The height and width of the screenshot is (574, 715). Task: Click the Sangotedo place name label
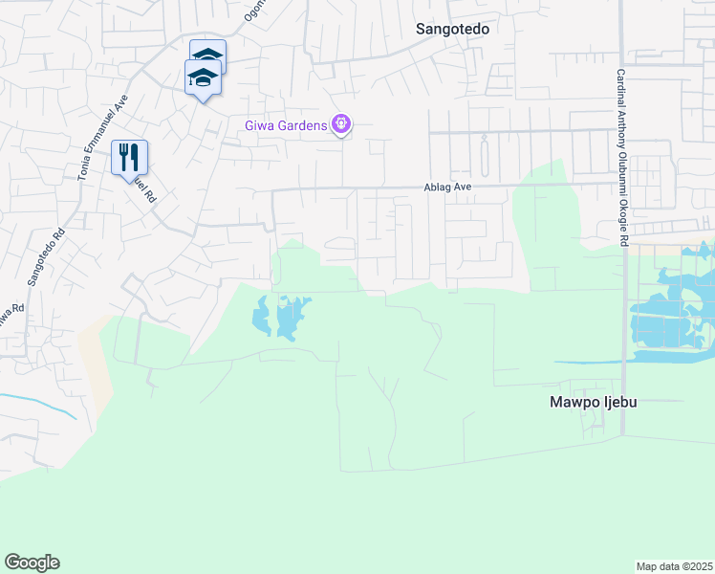tap(452, 29)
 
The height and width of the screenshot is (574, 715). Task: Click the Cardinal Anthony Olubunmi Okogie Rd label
tap(620, 158)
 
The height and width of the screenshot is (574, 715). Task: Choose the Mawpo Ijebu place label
tap(593, 403)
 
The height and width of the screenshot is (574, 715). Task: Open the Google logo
tap(32, 563)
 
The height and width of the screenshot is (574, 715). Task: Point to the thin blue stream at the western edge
tap(38, 403)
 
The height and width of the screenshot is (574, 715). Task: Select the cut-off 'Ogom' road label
tap(252, 10)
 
